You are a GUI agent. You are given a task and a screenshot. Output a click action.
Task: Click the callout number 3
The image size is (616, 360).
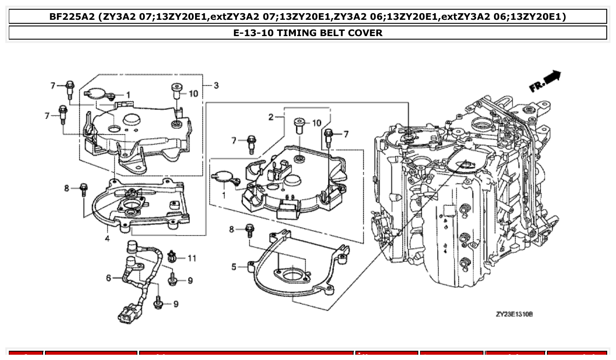216,85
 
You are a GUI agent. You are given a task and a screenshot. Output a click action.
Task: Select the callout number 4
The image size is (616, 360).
107,238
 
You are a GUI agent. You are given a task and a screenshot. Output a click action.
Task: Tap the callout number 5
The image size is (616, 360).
234,267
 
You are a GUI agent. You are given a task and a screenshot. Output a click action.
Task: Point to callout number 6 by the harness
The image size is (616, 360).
108,278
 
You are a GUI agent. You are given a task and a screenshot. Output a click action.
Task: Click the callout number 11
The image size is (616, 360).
192,258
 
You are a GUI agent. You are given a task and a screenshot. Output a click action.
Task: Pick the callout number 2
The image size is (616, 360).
271,117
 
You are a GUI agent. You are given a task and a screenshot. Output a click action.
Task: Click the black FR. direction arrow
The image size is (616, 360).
552,77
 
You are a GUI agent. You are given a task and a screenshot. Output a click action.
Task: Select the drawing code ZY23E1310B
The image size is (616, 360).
514,314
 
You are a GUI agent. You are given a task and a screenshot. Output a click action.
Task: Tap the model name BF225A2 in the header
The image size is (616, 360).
72,17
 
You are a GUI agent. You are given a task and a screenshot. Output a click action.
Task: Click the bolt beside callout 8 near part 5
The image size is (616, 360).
250,229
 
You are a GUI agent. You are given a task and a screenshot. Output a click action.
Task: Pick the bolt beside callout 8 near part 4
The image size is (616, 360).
84,190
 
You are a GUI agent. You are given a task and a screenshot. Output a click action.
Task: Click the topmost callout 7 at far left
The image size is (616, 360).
52,85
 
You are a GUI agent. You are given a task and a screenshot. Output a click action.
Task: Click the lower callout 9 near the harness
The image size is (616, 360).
176,304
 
